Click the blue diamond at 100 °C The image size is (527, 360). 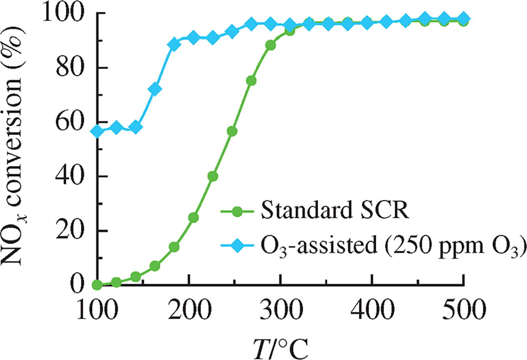pos(97,131)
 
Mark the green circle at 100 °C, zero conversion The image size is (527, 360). pos(97,285)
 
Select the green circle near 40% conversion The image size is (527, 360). pos(212,176)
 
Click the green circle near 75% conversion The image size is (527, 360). pos(251,81)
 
